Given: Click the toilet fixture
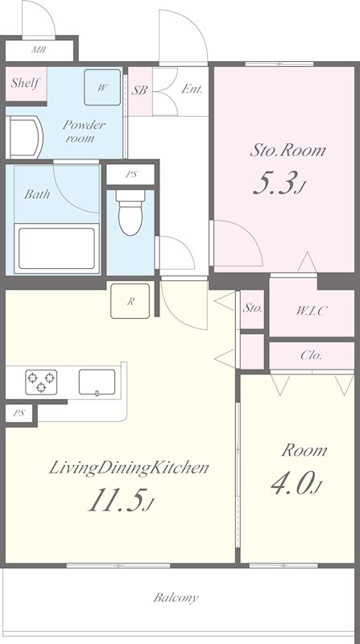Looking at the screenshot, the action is click(x=130, y=213).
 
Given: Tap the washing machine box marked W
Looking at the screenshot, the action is click(x=102, y=87).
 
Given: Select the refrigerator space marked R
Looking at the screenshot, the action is click(x=130, y=301).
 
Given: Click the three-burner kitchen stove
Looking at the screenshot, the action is click(x=41, y=382).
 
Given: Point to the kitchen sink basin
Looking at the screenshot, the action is click(x=97, y=382).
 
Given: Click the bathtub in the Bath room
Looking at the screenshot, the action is click(x=56, y=249).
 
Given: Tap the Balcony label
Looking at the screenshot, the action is click(x=176, y=597).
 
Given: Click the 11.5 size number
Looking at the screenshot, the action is click(x=121, y=500).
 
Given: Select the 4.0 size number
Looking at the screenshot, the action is click(x=296, y=484).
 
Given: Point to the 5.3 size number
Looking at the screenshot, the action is click(x=279, y=184).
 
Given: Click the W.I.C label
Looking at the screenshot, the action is click(x=311, y=311).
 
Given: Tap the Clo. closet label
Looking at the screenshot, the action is click(x=311, y=355).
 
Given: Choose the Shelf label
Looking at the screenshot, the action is click(x=26, y=83).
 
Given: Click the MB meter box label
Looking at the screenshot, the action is click(x=39, y=51).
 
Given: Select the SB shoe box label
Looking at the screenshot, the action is click(x=139, y=90).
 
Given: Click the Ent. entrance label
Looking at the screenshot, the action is click(x=192, y=89).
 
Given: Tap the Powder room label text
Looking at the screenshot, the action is click(x=84, y=131).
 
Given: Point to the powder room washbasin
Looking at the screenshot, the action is click(x=24, y=137).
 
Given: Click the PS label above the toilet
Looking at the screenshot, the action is click(x=130, y=174).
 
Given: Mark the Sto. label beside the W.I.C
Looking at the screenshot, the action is click(x=252, y=308).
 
